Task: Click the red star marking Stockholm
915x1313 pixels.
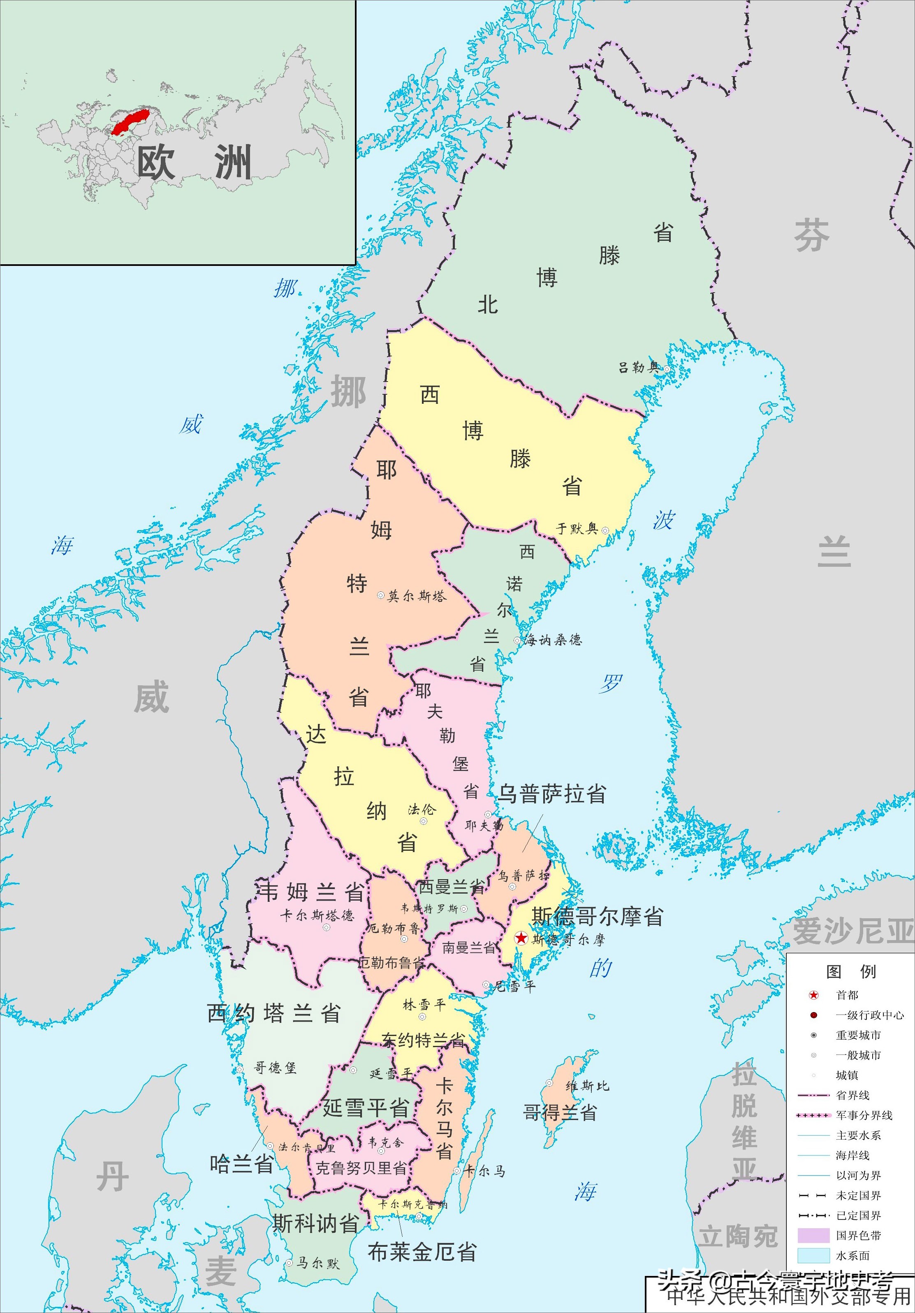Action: tap(521, 938)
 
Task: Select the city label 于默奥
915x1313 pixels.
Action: tap(577, 529)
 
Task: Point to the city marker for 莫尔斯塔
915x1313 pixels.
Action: tap(381, 595)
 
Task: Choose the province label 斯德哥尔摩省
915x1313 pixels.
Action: tap(597, 916)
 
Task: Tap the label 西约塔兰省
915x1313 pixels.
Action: tap(274, 1013)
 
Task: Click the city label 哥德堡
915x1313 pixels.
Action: tap(275, 1067)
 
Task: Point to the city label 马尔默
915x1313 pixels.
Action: tap(318, 1263)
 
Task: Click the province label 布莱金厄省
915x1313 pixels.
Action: tap(422, 1252)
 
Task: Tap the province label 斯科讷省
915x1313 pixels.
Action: tap(315, 1223)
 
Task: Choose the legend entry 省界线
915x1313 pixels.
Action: tap(853, 1094)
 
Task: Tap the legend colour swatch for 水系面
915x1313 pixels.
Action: tap(813, 1255)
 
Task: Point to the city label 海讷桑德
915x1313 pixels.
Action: tap(553, 640)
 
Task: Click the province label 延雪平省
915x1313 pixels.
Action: tap(366, 1108)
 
